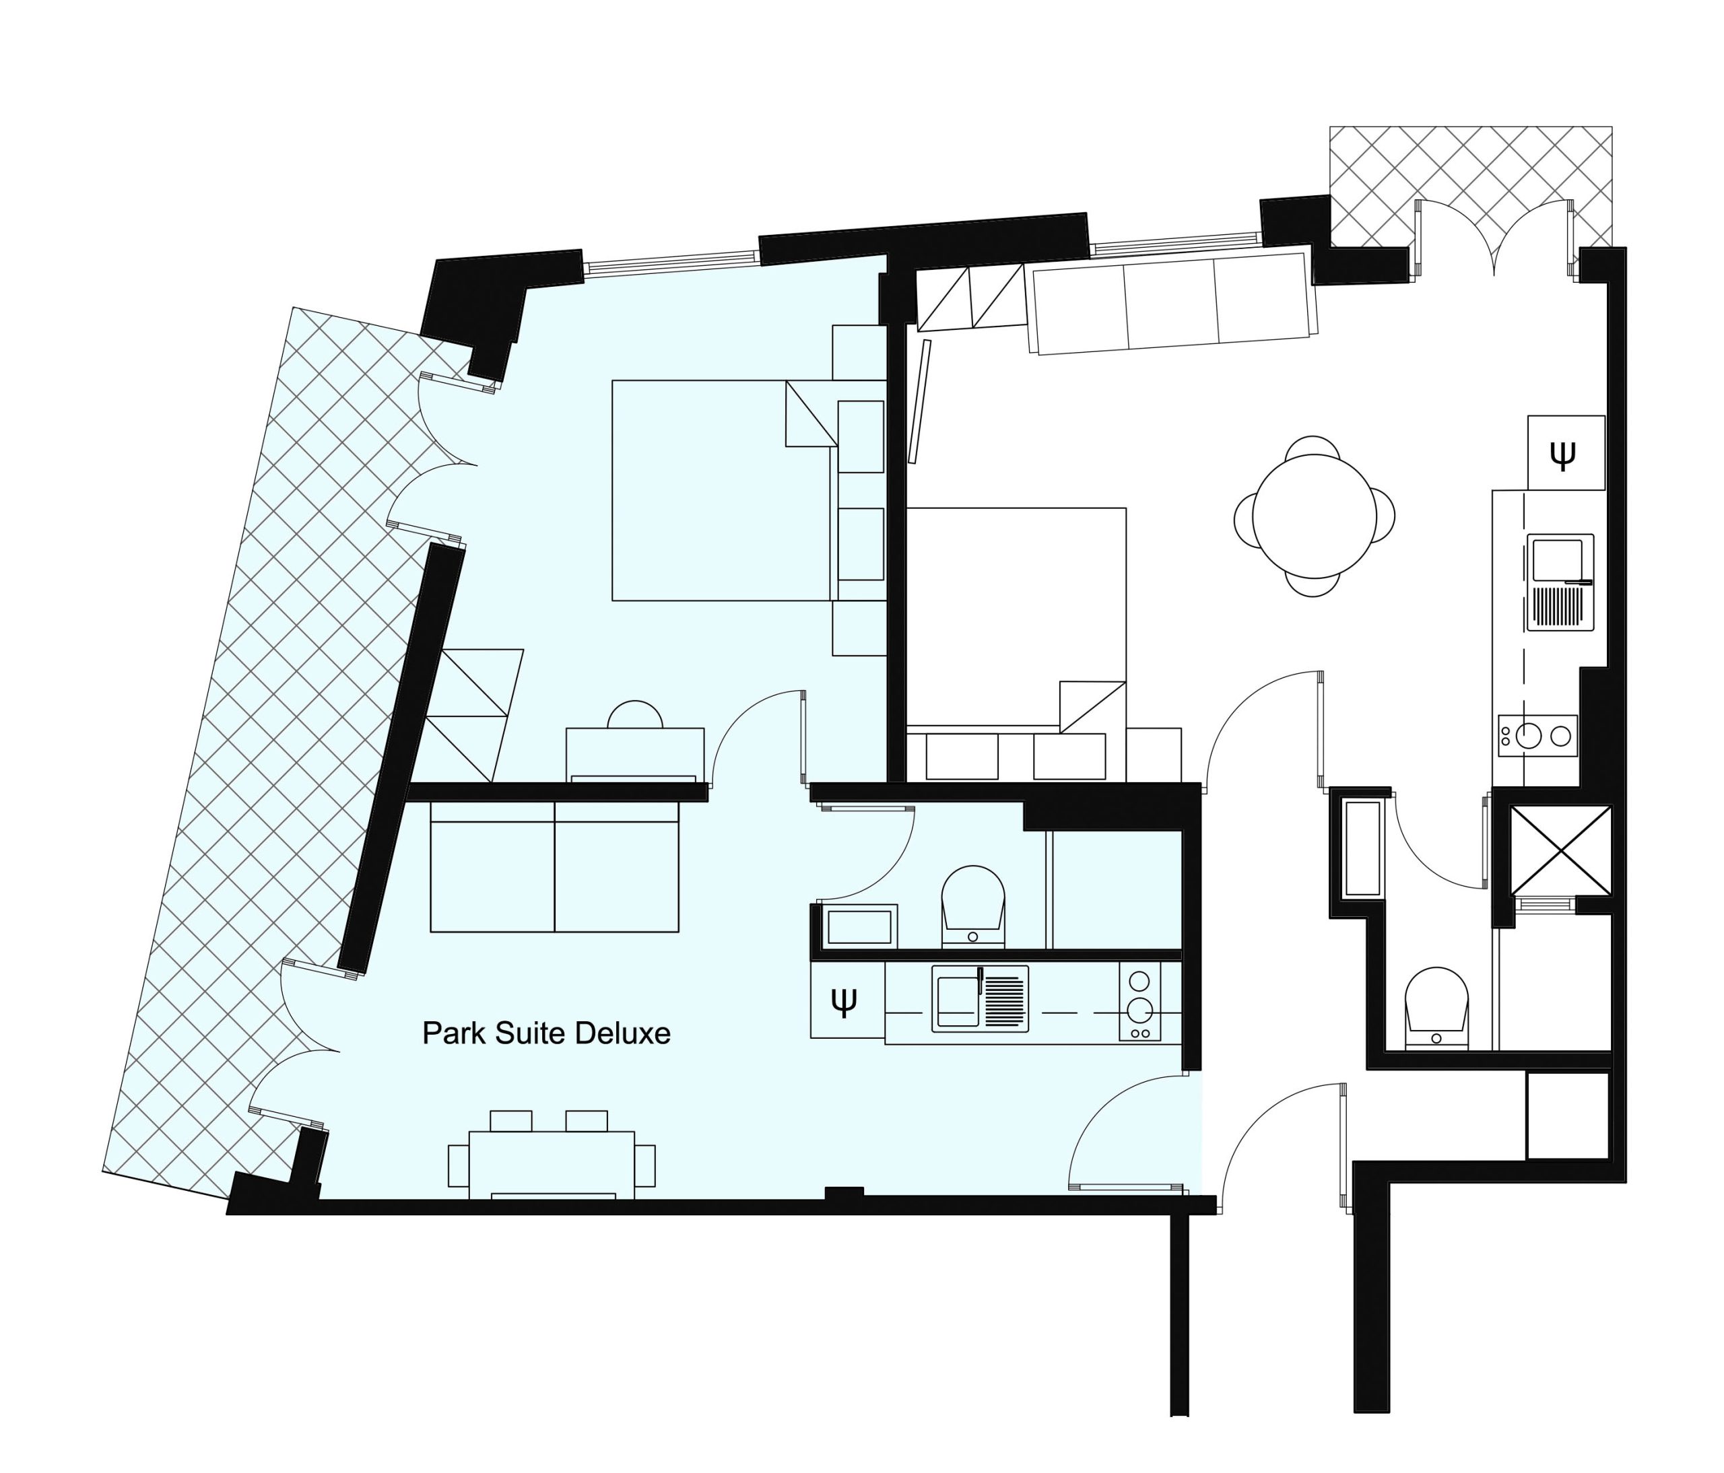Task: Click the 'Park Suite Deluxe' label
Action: click(x=546, y=1033)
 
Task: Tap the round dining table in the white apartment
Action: click(x=1314, y=516)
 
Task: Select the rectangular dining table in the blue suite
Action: click(x=552, y=1165)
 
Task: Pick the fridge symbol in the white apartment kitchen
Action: click(x=1566, y=452)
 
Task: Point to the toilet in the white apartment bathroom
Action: click(x=1437, y=1007)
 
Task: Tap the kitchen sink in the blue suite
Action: click(x=980, y=999)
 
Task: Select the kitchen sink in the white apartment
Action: click(x=1560, y=582)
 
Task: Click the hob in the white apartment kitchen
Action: click(x=1537, y=735)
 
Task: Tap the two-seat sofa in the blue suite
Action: click(x=554, y=877)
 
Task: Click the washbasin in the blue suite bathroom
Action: click(x=859, y=926)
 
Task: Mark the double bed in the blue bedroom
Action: click(x=724, y=491)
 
